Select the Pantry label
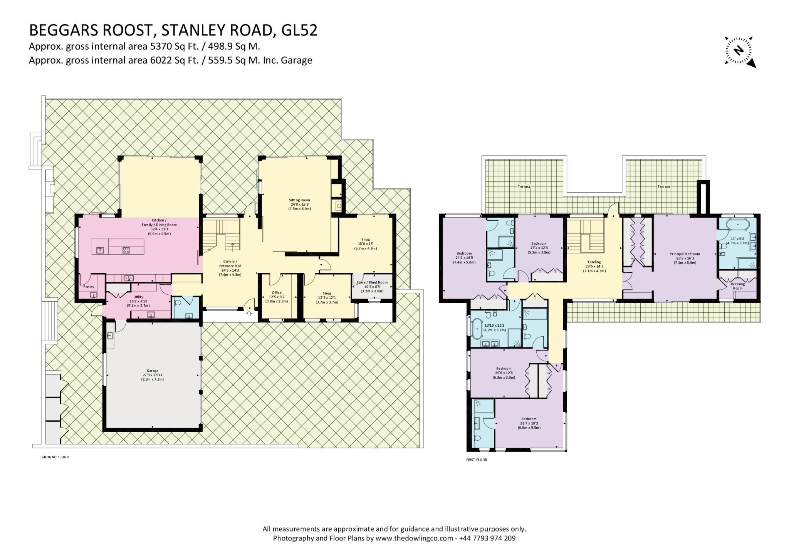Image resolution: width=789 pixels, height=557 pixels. (x=89, y=287)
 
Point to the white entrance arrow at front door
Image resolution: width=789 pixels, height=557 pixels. (x=249, y=314)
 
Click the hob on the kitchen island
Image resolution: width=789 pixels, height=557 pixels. (x=126, y=250)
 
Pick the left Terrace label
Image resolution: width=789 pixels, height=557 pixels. (x=524, y=186)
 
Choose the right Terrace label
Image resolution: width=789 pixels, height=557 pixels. (x=663, y=186)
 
